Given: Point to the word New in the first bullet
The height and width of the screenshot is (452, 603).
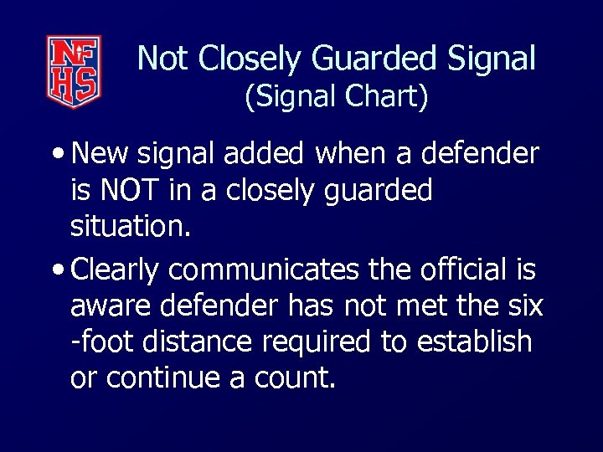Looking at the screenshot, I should (x=100, y=153).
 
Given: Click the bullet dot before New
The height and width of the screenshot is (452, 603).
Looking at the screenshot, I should (x=61, y=155).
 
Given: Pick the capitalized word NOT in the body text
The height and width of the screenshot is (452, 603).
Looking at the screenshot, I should (x=131, y=191).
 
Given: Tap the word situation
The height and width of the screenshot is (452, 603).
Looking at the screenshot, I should (x=130, y=227).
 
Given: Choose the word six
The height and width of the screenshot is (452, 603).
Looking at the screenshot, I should (x=523, y=306).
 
